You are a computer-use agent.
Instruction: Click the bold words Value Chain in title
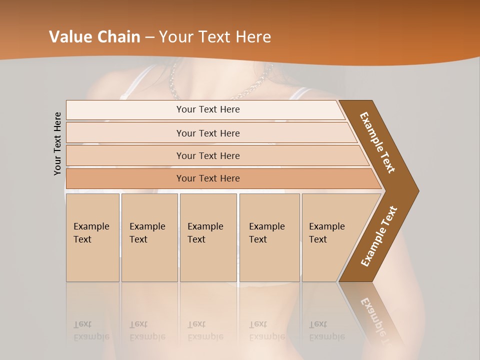click(94, 37)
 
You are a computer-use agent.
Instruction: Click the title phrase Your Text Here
click(215, 37)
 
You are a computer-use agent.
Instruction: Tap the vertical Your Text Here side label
click(57, 143)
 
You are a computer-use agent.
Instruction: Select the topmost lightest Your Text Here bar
click(207, 109)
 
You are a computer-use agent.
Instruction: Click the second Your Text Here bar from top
click(207, 133)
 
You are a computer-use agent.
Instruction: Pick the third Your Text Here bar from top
click(207, 155)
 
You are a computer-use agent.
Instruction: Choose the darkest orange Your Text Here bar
click(207, 178)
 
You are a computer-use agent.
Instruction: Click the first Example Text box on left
click(92, 237)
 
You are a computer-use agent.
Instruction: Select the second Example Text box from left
click(149, 237)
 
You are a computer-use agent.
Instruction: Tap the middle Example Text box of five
click(208, 237)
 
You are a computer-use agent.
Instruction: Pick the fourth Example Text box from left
click(269, 237)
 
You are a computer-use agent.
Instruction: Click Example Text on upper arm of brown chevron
click(378, 142)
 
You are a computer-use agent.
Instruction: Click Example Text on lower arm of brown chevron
click(379, 236)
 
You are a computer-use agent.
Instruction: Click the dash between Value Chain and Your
click(149, 37)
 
